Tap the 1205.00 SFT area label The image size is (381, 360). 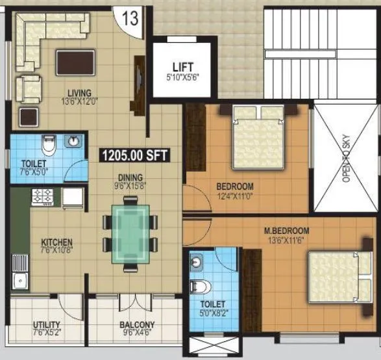coord(129,155)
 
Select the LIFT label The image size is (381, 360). coord(181,66)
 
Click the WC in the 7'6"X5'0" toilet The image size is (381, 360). coord(47,144)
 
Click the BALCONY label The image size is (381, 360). coord(137,325)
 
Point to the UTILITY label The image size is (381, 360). coord(47,324)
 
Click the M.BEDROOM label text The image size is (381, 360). coord(286,231)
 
